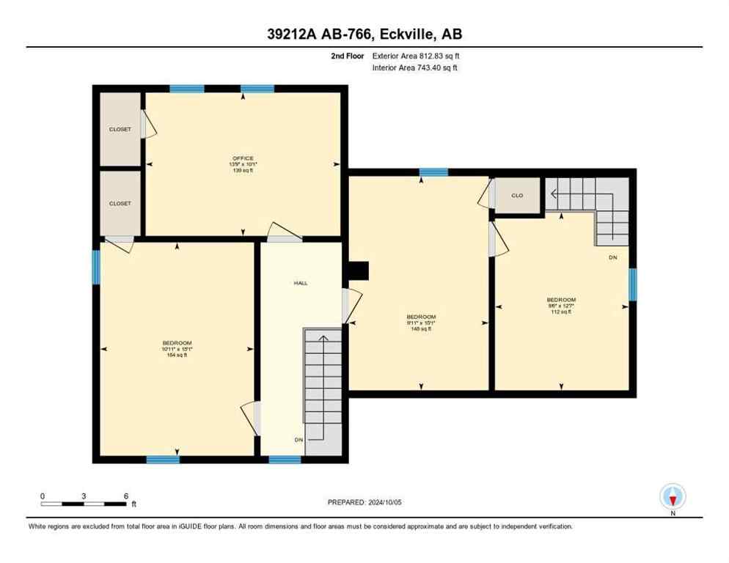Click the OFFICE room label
point(243,158)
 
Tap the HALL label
point(300,282)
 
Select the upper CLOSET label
point(120,129)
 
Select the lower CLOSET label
point(120,203)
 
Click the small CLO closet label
point(517,196)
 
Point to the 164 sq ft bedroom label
point(177,343)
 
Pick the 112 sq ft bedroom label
point(561,300)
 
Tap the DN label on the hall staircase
point(299,439)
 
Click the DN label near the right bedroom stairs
point(612,258)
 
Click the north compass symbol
point(673,497)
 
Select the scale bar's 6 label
point(126,496)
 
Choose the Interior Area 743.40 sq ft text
point(420,67)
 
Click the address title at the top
point(364,34)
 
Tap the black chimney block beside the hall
point(358,271)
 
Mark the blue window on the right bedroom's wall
point(632,284)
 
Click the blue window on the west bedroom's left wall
point(95,267)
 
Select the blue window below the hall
point(285,460)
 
